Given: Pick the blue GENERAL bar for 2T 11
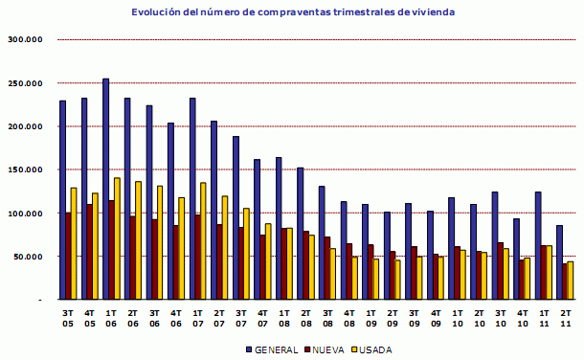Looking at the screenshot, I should [x=559, y=262].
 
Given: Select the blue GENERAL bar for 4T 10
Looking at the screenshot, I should [x=517, y=259].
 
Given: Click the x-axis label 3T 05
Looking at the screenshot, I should [x=67, y=319].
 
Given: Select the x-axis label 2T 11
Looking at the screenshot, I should [x=565, y=319].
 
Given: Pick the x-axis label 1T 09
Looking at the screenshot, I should [x=371, y=319].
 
